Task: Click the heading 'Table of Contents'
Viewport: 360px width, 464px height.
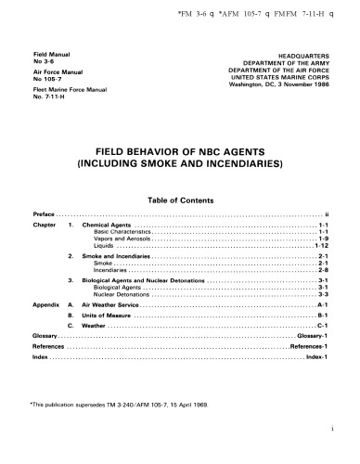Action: point(180,200)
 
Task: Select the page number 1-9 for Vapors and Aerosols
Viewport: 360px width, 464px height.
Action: point(322,239)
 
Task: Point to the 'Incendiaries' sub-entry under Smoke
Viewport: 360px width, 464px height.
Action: point(111,270)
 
